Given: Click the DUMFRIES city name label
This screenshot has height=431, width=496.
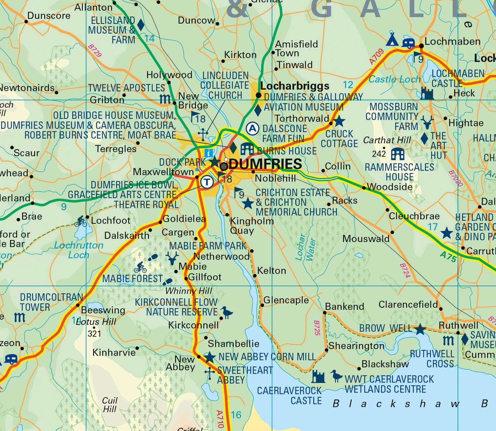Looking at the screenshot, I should point(265,164).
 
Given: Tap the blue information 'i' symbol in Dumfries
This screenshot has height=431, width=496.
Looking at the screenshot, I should point(209,153).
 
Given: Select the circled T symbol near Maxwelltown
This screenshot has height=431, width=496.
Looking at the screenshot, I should point(207,182).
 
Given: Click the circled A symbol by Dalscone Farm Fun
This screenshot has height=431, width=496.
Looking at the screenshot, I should point(253,128).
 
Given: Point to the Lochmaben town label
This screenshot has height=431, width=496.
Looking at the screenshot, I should point(452,42).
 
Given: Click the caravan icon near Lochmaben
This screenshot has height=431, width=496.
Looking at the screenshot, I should point(408,43).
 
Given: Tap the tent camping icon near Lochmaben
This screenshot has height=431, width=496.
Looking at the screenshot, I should point(392,39).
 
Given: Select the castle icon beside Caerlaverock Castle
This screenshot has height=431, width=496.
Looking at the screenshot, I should point(319,376).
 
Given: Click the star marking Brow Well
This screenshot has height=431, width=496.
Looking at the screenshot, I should point(420,329).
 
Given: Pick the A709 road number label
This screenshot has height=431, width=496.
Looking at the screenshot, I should point(376,57).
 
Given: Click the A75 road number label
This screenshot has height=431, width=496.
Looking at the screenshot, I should point(448,257).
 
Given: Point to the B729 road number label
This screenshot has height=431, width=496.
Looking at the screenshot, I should point(95,51).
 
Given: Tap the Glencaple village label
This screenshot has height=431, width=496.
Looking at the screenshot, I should point(286,300).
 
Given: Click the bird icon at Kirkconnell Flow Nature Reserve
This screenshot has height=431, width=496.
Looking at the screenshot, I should point(227,312).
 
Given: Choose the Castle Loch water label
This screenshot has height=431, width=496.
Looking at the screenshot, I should point(394,79).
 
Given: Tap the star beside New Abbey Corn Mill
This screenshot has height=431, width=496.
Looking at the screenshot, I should point(209,357).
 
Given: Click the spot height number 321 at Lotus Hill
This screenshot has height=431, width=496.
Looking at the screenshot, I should point(94,333).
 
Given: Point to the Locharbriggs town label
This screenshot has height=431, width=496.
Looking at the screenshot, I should point(295,86).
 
